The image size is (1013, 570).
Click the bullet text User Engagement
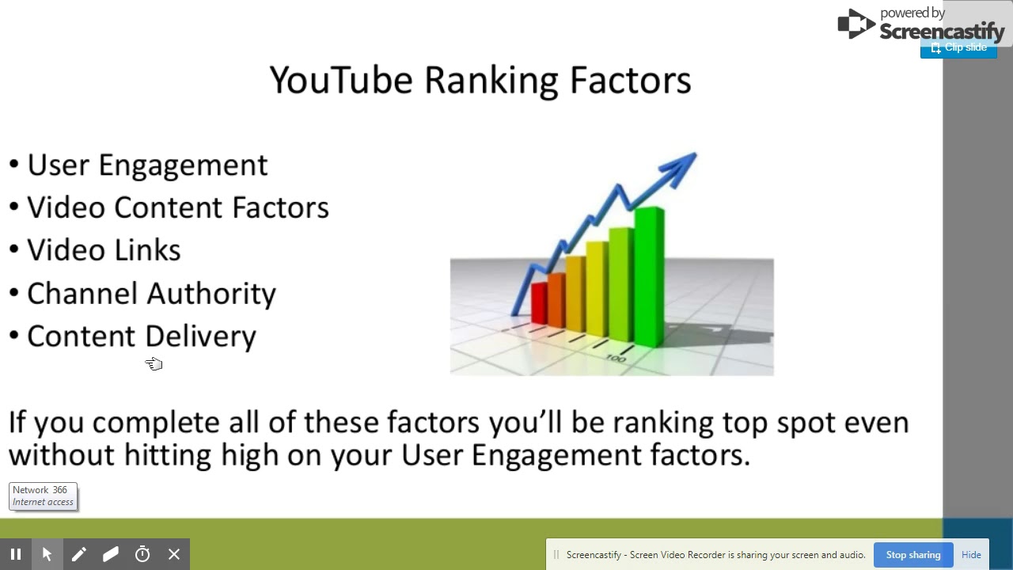coord(147,165)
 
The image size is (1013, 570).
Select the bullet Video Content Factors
coord(177,207)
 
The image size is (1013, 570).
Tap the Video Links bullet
coord(104,250)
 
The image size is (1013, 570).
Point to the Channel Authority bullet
coord(151,293)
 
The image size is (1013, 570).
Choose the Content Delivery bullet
coord(141,336)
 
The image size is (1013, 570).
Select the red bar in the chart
coord(539,302)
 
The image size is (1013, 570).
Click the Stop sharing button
coord(913,555)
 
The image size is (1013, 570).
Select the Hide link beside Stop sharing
coord(971,555)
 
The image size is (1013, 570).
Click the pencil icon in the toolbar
coord(79,554)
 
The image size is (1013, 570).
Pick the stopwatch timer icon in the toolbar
coord(142,554)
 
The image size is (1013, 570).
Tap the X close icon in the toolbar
coord(174,554)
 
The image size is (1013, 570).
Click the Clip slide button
coord(958,48)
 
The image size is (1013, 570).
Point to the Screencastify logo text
coord(942,31)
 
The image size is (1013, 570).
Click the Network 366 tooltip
coord(43,496)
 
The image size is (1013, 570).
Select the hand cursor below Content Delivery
coord(154,363)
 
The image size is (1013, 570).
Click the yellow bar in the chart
coord(596,289)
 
